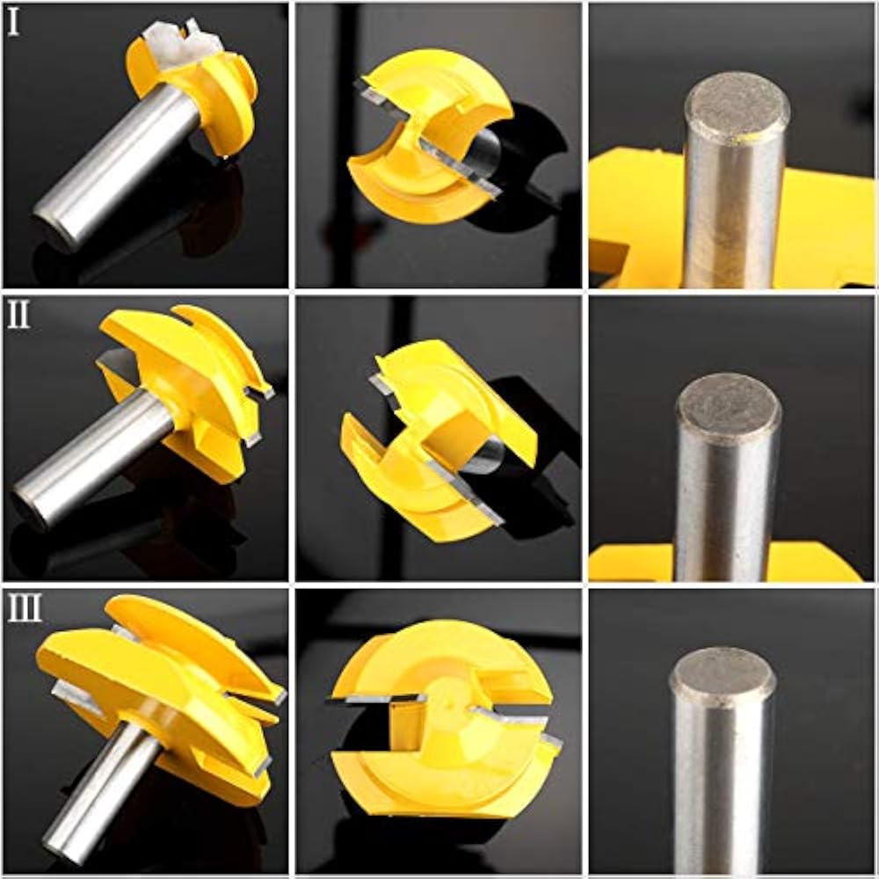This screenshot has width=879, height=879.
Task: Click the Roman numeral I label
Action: coord(13,24)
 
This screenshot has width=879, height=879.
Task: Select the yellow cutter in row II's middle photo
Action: coord(439,439)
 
